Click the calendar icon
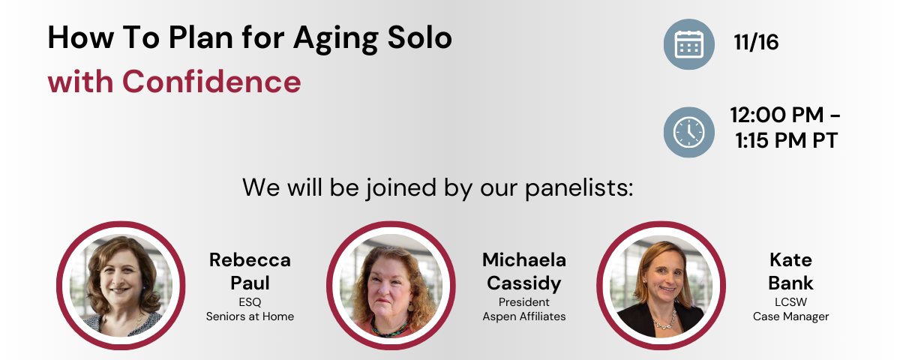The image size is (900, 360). click(688, 44)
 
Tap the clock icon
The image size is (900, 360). click(688, 132)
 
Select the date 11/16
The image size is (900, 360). click(756, 42)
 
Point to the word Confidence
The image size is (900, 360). click(211, 82)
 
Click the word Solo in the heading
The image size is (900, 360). click(420, 37)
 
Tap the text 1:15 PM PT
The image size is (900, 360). click(786, 141)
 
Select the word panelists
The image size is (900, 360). click(579, 187)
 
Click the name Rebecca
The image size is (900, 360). click(250, 260)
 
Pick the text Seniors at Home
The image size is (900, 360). click(250, 316)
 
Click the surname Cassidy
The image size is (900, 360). click(524, 283)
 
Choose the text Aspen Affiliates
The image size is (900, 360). click(524, 317)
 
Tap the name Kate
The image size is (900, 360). click(790, 260)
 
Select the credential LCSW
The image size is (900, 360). click(790, 302)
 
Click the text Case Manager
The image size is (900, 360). click(790, 317)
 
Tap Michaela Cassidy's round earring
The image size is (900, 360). click(411, 307)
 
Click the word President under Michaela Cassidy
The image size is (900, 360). click(524, 302)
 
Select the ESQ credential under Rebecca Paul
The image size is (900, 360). click(250, 302)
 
